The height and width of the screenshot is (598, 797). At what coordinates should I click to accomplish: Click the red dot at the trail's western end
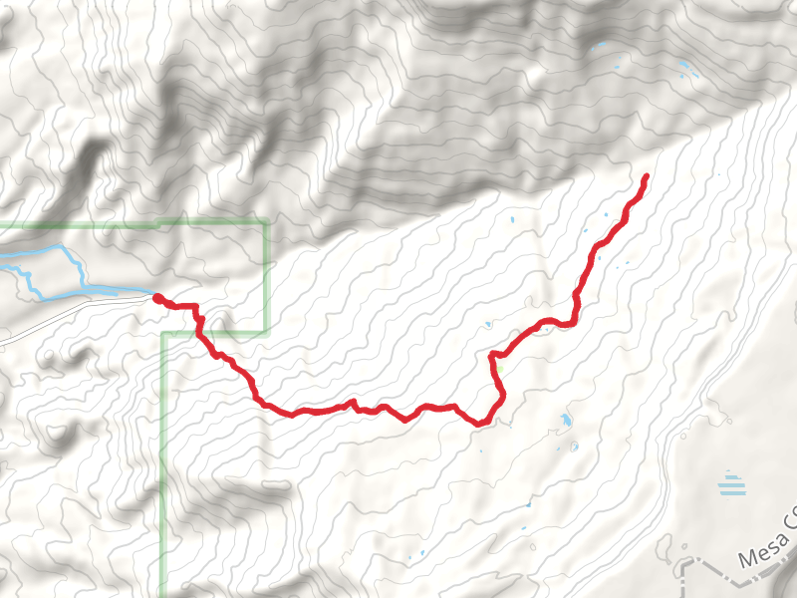(x=157, y=297)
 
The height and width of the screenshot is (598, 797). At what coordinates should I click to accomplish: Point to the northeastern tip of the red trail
(x=647, y=176)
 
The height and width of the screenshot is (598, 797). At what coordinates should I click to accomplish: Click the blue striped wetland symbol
(x=732, y=484)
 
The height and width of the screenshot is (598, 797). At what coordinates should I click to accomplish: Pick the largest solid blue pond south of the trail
(x=566, y=420)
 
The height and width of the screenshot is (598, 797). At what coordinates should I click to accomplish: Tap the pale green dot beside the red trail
(x=501, y=371)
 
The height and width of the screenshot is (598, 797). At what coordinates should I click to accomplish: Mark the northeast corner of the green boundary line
(x=267, y=221)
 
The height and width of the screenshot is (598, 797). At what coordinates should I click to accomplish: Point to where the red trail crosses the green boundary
(x=202, y=331)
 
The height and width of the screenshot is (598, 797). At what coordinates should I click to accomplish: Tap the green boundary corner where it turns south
(x=162, y=333)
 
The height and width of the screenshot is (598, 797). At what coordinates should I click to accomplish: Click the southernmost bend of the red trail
(x=481, y=424)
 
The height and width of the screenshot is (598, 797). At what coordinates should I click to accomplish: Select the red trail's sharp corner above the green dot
(x=492, y=354)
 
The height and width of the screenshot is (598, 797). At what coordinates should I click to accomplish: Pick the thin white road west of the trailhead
(x=60, y=319)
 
